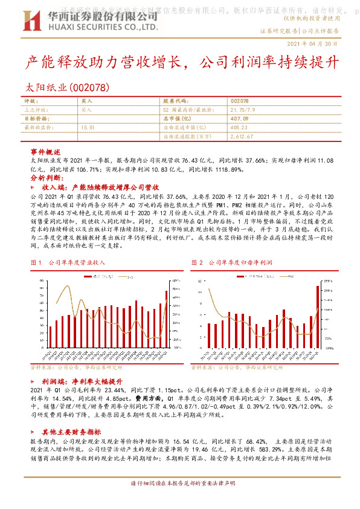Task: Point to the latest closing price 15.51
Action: pyautogui.click(x=88, y=128)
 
